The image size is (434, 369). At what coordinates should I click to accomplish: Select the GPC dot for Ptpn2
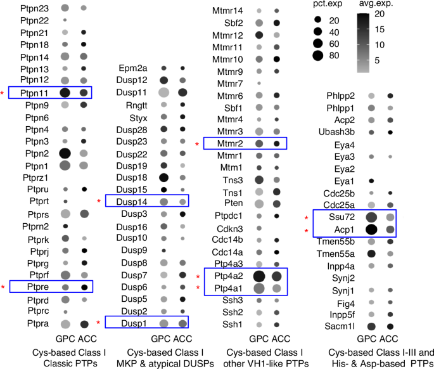coord(65,153)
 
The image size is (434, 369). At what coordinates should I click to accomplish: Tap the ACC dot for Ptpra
coord(84,324)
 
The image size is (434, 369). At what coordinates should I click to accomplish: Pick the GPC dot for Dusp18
coord(164,178)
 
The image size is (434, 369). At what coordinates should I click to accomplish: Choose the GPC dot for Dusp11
coord(164,93)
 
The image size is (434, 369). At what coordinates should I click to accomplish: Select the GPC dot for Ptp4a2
coord(259,276)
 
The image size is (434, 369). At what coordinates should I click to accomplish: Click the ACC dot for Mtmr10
coord(276,59)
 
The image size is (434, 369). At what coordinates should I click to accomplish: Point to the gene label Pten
coord(233,204)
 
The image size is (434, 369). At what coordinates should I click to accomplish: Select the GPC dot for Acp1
coord(371,230)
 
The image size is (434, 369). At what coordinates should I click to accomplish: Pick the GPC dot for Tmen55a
coord(371,254)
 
